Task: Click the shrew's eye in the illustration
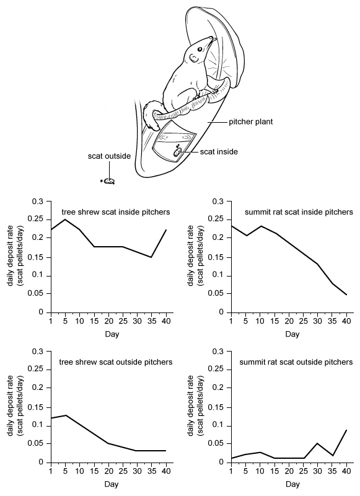(x=200, y=49)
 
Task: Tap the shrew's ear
(x=193, y=58)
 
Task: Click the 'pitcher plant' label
(x=251, y=122)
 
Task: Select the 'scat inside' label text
(x=219, y=152)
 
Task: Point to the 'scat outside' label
(x=109, y=156)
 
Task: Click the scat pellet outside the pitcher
(x=109, y=181)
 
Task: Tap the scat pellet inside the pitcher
(x=176, y=153)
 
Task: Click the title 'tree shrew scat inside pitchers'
(x=116, y=211)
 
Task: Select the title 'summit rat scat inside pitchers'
(x=299, y=211)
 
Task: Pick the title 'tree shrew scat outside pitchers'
(x=116, y=362)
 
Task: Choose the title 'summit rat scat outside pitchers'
(x=296, y=362)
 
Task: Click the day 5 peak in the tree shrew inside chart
(x=65, y=219)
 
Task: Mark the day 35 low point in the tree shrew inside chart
(x=151, y=257)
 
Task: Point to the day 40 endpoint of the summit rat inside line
(x=347, y=294)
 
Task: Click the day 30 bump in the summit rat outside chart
(x=317, y=443)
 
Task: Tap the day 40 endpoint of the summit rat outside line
(x=347, y=430)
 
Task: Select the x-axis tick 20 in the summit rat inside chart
(x=289, y=321)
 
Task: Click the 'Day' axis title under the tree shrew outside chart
(x=112, y=484)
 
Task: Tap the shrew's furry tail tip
(x=156, y=126)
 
